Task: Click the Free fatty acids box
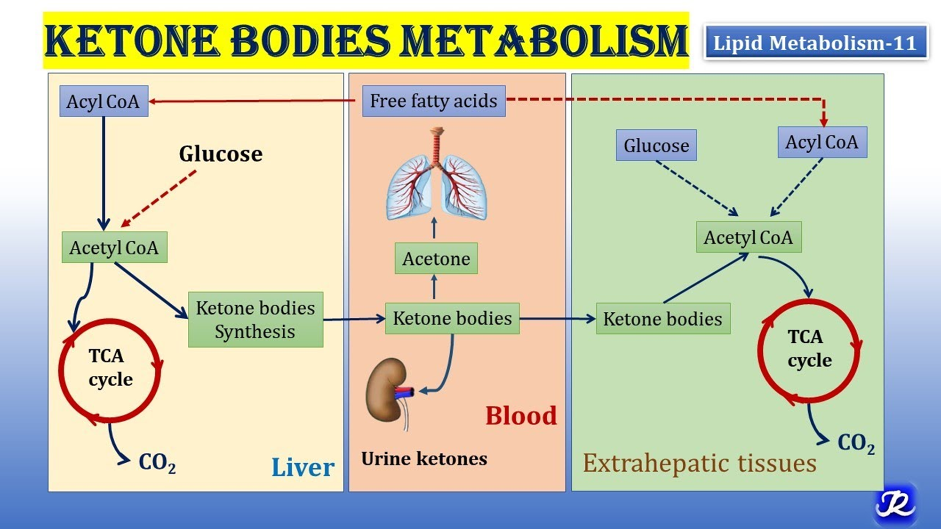433,101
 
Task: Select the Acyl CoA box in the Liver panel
104,101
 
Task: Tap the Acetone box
436,258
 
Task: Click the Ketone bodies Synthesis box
255,320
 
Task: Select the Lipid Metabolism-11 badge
815,43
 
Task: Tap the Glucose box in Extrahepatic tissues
656,145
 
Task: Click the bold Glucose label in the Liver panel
221,154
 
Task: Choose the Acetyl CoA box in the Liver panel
114,247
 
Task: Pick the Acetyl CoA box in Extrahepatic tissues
749,237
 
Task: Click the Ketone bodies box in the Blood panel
452,318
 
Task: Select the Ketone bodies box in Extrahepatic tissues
663,319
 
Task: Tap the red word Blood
521,416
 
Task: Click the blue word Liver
303,467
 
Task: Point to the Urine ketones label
424,458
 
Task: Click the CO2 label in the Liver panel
157,462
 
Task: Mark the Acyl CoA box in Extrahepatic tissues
822,142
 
